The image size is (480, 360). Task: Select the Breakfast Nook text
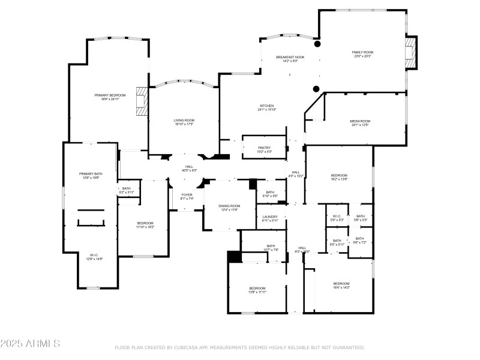[x=290, y=57]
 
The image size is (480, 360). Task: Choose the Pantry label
[x=264, y=149]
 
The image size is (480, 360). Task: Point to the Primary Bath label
[x=88, y=175]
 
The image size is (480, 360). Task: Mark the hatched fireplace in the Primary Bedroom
[x=142, y=101]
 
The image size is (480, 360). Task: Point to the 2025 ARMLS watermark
[x=30, y=344]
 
